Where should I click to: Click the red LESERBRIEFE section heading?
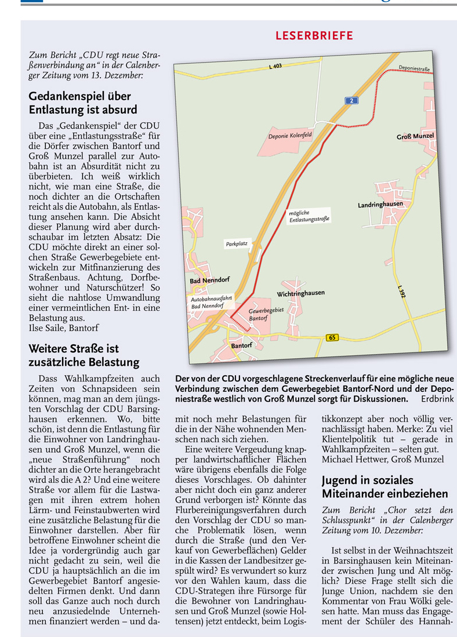pyautogui.click(x=314, y=36)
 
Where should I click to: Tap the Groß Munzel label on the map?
pyautogui.click(x=415, y=137)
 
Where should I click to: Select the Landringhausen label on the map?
pyautogui.click(x=380, y=205)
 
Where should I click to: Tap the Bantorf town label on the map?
pyautogui.click(x=241, y=346)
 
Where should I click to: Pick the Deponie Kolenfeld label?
pyautogui.click(x=290, y=137)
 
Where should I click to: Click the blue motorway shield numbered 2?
pyautogui.click(x=352, y=101)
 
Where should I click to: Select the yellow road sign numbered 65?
pyautogui.click(x=332, y=337)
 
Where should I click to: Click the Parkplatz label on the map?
pyautogui.click(x=237, y=244)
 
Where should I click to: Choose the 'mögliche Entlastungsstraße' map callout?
pyautogui.click(x=309, y=217)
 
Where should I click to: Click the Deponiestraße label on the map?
pyautogui.click(x=414, y=69)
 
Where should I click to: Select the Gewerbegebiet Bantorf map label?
pyautogui.click(x=266, y=315)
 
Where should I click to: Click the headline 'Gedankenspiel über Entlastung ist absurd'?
pyautogui.click(x=83, y=103)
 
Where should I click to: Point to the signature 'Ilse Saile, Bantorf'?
pyautogui.click(x=64, y=328)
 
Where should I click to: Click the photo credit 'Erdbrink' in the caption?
pyautogui.click(x=437, y=399)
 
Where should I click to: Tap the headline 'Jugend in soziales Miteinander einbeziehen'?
pyautogui.click(x=385, y=487)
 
